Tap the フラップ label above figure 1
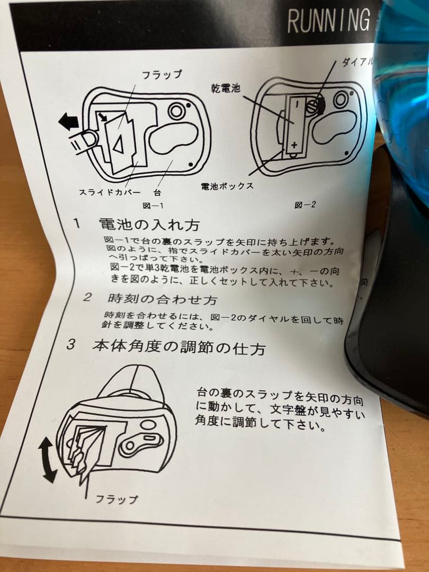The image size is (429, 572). [x=162, y=75]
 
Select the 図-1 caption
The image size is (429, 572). [x=153, y=205]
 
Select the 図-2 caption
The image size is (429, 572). [x=305, y=204]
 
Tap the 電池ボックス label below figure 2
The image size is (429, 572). [x=227, y=186]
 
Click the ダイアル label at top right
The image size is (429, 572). [x=356, y=63]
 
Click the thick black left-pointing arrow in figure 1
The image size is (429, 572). [x=67, y=121]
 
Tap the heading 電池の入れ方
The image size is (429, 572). [x=149, y=225]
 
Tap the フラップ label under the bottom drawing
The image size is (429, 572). [x=117, y=498]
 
